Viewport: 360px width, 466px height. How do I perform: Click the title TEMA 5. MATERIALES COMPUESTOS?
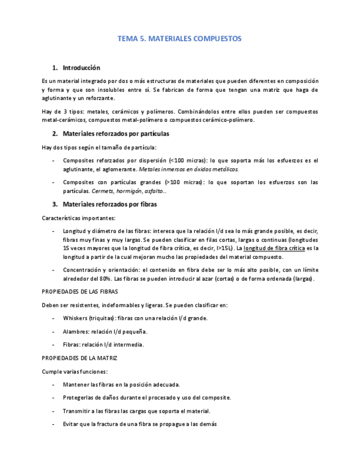point(180,39)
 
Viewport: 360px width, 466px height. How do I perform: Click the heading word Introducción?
point(81,68)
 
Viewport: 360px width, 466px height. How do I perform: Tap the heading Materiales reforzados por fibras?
point(110,204)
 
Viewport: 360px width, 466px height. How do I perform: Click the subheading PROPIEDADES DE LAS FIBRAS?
point(80,292)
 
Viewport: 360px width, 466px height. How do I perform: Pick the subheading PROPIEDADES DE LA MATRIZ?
point(79,358)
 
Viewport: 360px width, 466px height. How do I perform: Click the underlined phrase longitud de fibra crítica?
point(274,248)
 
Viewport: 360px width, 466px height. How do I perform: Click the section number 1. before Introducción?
point(55,68)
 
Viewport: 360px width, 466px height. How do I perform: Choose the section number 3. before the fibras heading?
point(55,204)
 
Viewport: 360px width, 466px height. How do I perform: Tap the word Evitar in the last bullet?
point(71,424)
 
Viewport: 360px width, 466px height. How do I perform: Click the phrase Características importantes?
point(79,218)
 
